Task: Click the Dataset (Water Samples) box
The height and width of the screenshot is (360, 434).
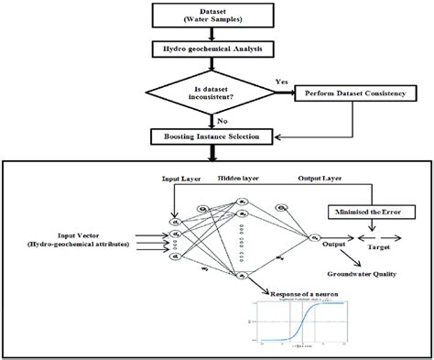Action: coord(217,16)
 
